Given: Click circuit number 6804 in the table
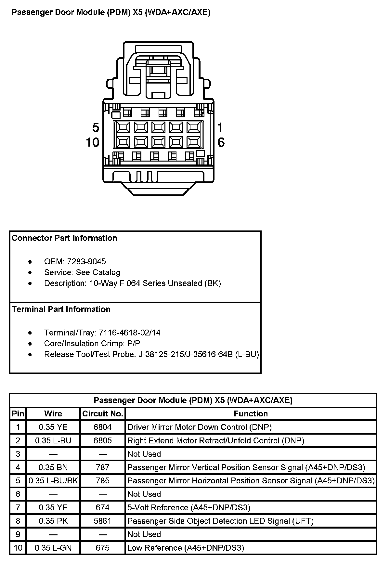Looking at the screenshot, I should pyautogui.click(x=102, y=427).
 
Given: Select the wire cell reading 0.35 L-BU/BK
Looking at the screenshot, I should pyautogui.click(x=53, y=480).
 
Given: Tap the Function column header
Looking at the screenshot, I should pyautogui.click(x=251, y=413).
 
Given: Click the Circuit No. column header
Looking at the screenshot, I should pyautogui.click(x=102, y=413).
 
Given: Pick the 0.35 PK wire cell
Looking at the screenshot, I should pyautogui.click(x=53, y=521).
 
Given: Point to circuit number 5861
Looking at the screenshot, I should pyautogui.click(x=102, y=521).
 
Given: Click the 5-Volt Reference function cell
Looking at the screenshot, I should pyautogui.click(x=188, y=507).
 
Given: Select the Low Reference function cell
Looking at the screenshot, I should pyautogui.click(x=185, y=548).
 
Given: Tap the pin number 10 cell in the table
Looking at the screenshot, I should pyautogui.click(x=18, y=548).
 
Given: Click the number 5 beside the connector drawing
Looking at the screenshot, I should pyautogui.click(x=96, y=127).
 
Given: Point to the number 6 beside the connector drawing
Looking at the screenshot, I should pyautogui.click(x=221, y=142).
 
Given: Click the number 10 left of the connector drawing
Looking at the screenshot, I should pyautogui.click(x=93, y=142).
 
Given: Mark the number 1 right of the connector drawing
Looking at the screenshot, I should pyautogui.click(x=220, y=127).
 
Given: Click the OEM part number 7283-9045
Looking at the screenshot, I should pyautogui.click(x=86, y=262).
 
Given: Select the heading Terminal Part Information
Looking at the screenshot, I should pyautogui.click(x=61, y=309).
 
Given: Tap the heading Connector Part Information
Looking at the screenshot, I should pyautogui.click(x=64, y=238).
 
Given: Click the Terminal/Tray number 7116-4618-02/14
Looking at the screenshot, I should pyautogui.click(x=129, y=333).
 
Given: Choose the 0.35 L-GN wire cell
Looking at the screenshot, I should pyautogui.click(x=53, y=548).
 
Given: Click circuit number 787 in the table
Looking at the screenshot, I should pyautogui.click(x=102, y=467).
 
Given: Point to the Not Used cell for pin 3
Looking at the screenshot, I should pyautogui.click(x=144, y=454).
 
